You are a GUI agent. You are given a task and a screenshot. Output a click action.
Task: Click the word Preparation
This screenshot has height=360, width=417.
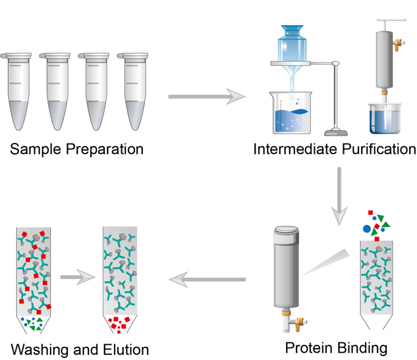tap(104, 149)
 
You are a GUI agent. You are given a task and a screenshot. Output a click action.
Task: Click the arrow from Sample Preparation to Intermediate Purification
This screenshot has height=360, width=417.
tap(206, 97)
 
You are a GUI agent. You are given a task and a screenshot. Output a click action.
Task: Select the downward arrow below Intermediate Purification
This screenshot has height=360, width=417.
tap(339, 197)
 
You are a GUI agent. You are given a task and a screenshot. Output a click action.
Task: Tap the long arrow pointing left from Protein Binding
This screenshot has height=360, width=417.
tap(207, 280)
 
